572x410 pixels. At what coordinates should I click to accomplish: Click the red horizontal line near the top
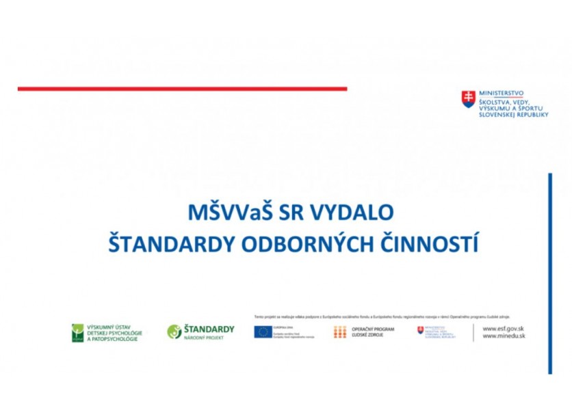coord(182,88)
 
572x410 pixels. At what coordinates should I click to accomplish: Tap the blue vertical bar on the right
coord(549,273)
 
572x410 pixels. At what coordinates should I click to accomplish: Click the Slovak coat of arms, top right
coord(468,99)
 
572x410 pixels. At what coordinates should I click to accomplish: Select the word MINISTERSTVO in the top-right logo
coord(502,93)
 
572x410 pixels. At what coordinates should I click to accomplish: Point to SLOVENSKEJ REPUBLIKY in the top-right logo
coord(513,115)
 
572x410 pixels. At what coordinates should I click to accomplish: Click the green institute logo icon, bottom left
coord(77,333)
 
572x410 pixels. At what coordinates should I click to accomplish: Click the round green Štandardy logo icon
coord(174,332)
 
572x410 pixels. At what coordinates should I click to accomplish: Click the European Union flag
coord(263,332)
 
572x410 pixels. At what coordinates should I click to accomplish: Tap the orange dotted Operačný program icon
coord(339,332)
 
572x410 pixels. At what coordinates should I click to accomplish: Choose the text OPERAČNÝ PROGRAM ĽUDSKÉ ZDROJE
coord(373,332)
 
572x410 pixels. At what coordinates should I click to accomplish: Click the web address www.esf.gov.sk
coord(503,329)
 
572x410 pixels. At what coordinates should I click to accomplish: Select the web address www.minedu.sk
coord(503,336)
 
